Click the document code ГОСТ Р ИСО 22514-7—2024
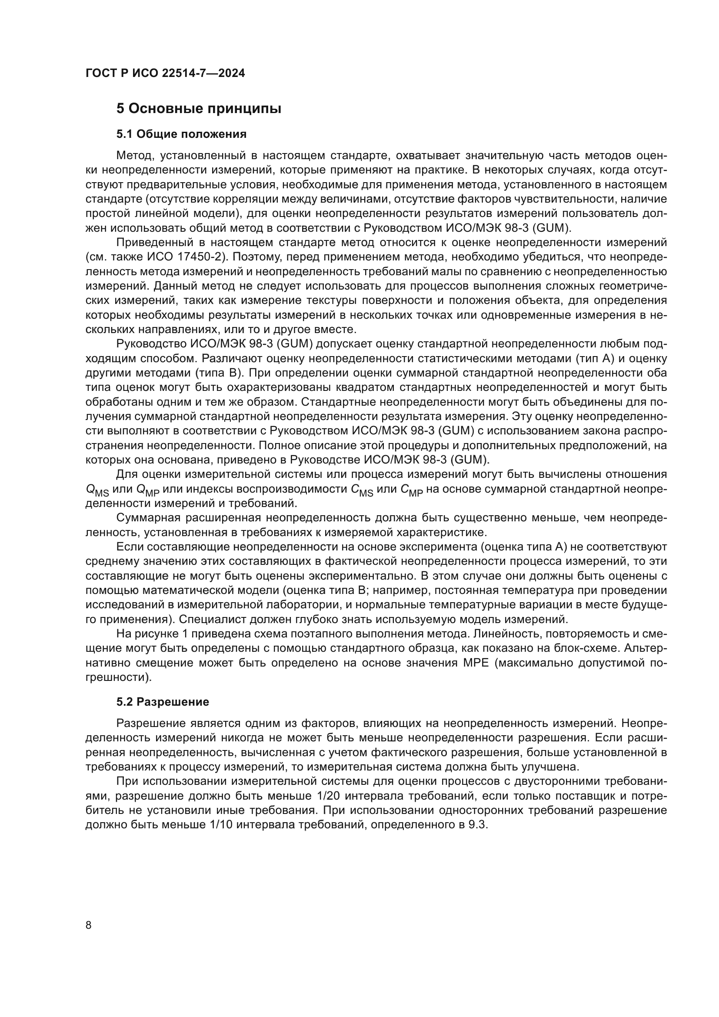coord(165,73)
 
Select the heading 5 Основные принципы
coord(199,109)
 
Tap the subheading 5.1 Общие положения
coord(182,134)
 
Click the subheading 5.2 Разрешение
coord(163,702)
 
